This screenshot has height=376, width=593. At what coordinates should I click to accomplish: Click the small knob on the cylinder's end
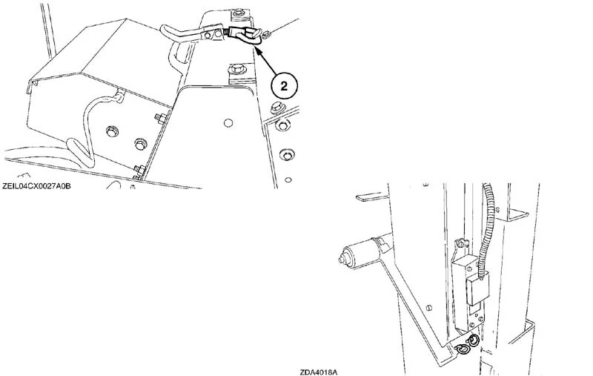coord(342,260)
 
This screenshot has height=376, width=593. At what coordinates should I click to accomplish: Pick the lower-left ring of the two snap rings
coord(461,351)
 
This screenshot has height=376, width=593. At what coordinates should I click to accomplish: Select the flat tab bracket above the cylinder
coord(371,197)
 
